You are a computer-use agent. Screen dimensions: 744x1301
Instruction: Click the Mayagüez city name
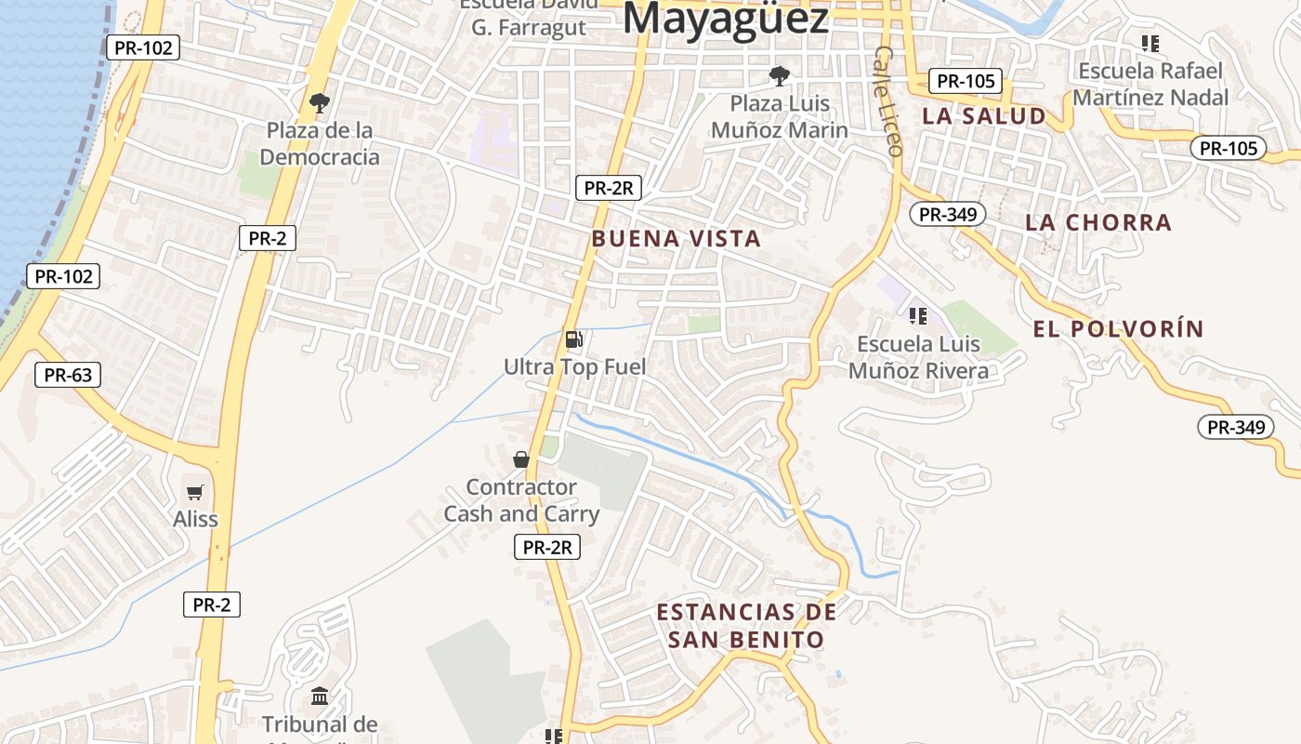[726, 19]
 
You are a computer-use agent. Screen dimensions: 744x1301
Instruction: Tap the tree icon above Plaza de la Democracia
[320, 102]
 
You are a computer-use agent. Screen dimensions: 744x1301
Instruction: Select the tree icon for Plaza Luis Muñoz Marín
[779, 75]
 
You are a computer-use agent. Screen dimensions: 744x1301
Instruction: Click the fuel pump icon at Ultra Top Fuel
[574, 339]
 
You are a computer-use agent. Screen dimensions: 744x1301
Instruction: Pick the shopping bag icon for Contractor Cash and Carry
[521, 459]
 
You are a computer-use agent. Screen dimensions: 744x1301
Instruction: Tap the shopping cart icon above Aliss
[195, 492]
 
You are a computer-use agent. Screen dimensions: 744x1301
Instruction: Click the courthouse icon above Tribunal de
[320, 696]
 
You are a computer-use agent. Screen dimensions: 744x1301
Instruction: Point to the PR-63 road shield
[68, 376]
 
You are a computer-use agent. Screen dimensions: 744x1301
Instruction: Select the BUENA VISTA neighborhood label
[676, 239]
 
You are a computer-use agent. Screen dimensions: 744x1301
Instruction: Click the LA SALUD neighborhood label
[984, 116]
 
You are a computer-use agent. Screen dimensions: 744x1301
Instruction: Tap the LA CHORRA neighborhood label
[1098, 223]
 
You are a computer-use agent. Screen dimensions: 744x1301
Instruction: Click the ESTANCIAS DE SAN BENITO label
[746, 626]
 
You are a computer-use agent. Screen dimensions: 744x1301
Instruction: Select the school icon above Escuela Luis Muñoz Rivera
[918, 316]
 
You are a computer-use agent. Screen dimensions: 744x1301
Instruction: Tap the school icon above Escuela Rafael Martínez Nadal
[1150, 44]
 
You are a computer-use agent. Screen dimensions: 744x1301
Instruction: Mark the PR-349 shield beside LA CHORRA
[947, 215]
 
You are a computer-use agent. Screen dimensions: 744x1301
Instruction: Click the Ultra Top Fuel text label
[574, 367]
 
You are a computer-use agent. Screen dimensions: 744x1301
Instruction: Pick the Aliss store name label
[195, 519]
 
